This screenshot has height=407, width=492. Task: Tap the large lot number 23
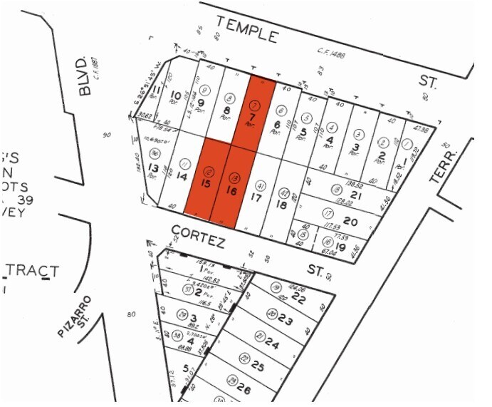[286, 320]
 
